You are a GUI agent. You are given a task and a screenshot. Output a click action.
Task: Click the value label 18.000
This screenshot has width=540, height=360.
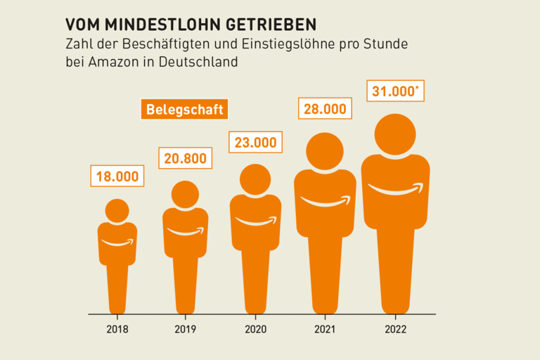coord(117,176)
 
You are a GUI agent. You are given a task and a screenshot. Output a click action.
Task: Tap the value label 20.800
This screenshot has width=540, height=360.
coord(185,158)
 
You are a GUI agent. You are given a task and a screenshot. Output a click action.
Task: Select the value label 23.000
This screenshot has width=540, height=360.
coord(255,142)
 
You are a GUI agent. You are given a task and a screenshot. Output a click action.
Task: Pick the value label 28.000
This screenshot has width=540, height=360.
coord(325,109)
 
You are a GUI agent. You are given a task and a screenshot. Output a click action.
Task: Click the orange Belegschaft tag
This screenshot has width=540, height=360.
coord(184,110)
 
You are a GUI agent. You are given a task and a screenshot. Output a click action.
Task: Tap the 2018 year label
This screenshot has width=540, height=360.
coord(117,328)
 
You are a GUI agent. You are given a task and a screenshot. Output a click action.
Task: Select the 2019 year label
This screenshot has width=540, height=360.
coord(185,328)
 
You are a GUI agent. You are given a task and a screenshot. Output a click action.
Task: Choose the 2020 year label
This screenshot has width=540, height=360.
coord(255,328)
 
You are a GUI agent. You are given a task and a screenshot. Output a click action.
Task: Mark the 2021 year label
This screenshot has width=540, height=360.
coord(325,328)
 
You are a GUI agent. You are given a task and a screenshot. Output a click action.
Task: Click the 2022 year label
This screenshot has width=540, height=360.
coord(396,328)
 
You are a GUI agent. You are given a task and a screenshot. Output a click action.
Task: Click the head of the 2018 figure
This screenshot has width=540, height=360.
coord(117,210)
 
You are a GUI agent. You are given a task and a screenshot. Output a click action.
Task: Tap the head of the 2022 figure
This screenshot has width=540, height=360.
coord(396,136)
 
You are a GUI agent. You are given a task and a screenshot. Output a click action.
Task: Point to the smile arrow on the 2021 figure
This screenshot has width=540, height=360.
coord(325,202)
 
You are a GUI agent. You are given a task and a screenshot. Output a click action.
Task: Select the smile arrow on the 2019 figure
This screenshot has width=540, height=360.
coord(185,231)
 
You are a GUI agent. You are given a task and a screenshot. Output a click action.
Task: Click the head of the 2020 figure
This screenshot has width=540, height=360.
coord(255,179)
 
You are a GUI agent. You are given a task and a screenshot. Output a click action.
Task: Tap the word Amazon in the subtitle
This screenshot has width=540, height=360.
coord(112,62)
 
